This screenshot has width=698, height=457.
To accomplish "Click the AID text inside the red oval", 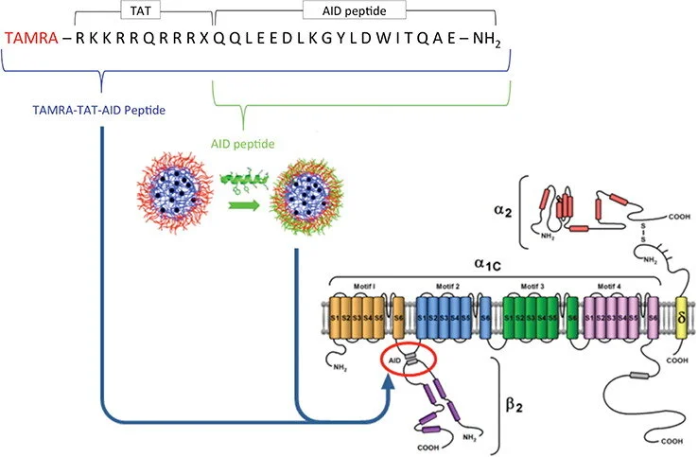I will pos(396,360).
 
